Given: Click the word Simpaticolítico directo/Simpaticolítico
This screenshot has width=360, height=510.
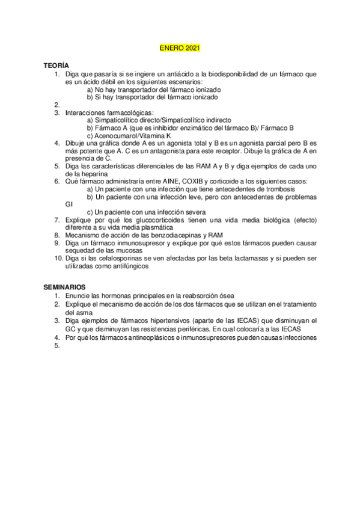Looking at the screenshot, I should coord(145,120).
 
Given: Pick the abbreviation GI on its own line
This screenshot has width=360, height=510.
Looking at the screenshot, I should coord(68,204).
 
